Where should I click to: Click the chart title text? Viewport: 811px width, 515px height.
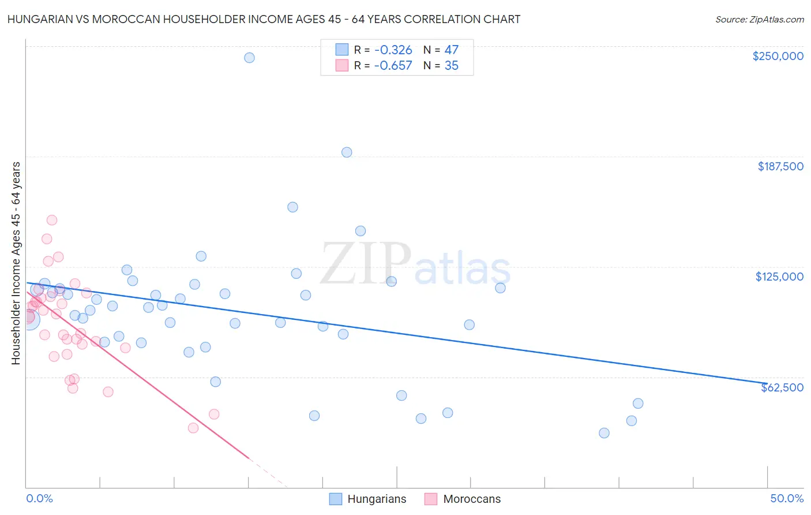pyautogui.click(x=264, y=19)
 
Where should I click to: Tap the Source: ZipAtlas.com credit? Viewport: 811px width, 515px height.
pyautogui.click(x=759, y=19)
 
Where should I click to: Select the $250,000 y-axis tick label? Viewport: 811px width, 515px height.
pyautogui.click(x=778, y=56)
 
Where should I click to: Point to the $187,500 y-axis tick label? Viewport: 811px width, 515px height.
pyautogui.click(x=780, y=166)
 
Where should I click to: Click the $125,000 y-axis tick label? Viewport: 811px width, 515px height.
pyautogui.click(x=779, y=277)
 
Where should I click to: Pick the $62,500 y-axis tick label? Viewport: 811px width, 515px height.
pyautogui.click(x=782, y=387)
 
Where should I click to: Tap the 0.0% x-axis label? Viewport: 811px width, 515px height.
pyautogui.click(x=39, y=498)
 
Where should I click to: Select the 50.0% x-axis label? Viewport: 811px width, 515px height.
pyautogui.click(x=787, y=498)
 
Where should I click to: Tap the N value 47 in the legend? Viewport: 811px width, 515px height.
pyautogui.click(x=451, y=50)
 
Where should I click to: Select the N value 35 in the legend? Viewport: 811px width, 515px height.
pyautogui.click(x=451, y=66)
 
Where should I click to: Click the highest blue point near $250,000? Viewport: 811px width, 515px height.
pyautogui.click(x=249, y=58)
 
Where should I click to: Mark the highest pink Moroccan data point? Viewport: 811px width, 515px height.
pyautogui.click(x=52, y=220)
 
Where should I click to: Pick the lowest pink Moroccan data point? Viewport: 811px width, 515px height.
pyautogui.click(x=193, y=428)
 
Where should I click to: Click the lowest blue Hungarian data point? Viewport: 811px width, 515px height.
pyautogui.click(x=604, y=433)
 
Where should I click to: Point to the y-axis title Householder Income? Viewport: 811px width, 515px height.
pyautogui.click(x=16, y=263)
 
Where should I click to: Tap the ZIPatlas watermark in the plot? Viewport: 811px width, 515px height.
pyautogui.click(x=415, y=264)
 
